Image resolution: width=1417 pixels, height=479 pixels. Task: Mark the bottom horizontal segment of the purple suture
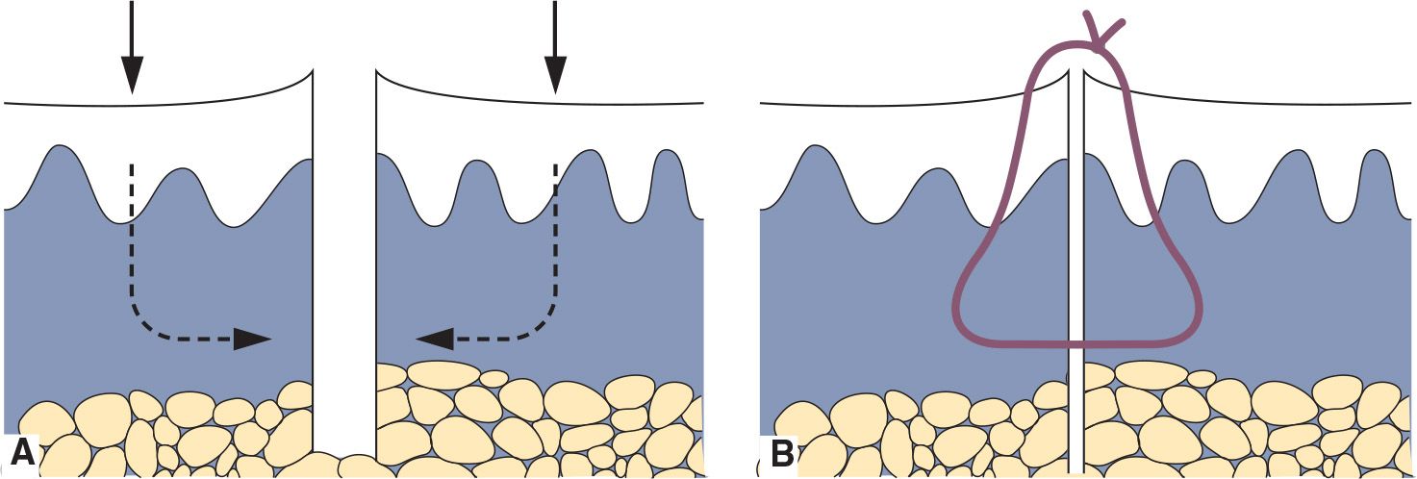pyautogui.click(x=1077, y=342)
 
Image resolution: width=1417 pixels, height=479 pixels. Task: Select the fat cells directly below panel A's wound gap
pyautogui.click(x=344, y=466)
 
